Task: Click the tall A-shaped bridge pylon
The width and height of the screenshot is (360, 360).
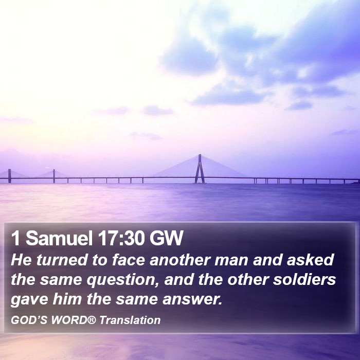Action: tap(200, 169)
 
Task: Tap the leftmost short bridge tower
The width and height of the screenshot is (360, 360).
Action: tap(9, 176)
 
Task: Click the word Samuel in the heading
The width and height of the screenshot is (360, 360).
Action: tap(59, 238)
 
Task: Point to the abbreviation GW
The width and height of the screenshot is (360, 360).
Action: tap(166, 238)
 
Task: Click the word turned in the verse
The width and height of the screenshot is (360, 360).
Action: tap(62, 260)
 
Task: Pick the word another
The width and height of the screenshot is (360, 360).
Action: tap(180, 260)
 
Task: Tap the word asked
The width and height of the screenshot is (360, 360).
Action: tap(310, 260)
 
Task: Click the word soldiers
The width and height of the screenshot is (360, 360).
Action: tap(304, 279)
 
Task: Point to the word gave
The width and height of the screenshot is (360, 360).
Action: tap(30, 300)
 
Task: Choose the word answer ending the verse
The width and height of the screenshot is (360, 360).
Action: tap(192, 300)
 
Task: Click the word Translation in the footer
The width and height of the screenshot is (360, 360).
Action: tap(130, 320)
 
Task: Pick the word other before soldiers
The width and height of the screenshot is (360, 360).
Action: tap(248, 279)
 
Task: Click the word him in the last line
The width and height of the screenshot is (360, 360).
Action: tap(67, 299)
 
